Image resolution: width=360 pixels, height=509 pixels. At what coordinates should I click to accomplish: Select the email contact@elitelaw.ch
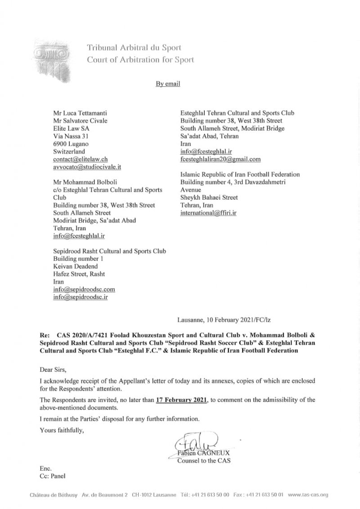pos(80,159)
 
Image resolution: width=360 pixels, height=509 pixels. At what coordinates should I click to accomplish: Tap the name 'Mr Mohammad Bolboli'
pos(84,182)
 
